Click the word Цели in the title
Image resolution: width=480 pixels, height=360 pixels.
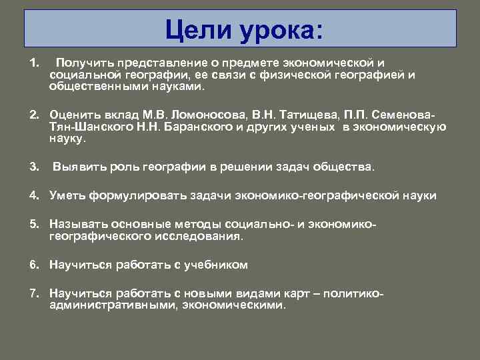[200, 29]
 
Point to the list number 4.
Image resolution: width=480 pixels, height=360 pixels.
[33, 195]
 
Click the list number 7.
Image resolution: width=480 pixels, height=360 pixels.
[33, 294]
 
